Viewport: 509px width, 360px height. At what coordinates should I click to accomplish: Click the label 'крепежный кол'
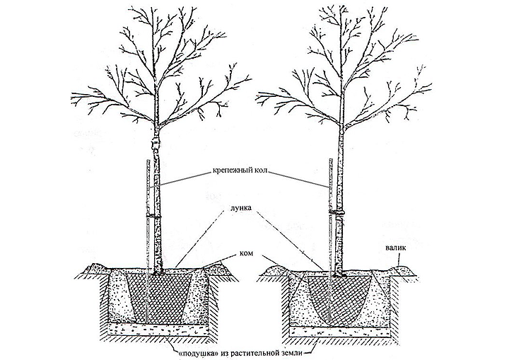[x=241, y=171]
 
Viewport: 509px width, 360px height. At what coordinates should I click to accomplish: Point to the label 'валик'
[x=397, y=249]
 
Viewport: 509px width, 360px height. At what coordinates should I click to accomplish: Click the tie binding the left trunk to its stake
[x=153, y=215]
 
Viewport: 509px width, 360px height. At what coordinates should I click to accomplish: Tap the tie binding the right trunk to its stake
[x=337, y=212]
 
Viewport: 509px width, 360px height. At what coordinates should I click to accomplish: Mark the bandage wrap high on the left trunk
[x=155, y=144]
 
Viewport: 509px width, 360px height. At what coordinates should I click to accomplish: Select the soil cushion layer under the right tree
[x=339, y=332]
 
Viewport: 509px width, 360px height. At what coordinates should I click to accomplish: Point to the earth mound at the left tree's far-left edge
[x=94, y=268]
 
